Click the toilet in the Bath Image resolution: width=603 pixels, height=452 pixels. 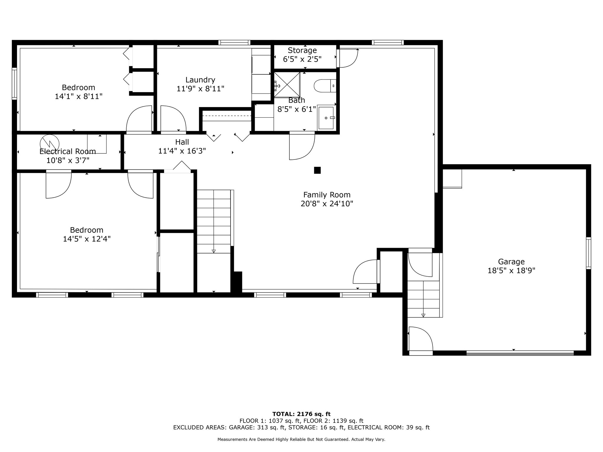(325, 86)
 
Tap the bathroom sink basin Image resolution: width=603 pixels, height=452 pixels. (326, 118)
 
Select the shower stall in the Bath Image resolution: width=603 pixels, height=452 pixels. (287, 85)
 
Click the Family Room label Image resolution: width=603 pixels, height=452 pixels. (327, 195)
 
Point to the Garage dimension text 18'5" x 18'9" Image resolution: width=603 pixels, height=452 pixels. (511, 270)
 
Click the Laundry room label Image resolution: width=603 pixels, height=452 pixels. (200, 80)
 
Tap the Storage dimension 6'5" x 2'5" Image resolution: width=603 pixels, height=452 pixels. (302, 59)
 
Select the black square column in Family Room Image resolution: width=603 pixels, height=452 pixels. (317, 170)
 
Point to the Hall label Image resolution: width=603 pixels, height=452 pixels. (182, 142)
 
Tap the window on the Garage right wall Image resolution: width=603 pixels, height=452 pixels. (588, 253)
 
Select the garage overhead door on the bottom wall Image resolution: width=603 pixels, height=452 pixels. (520, 353)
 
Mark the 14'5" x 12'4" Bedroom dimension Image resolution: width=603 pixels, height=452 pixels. (87, 239)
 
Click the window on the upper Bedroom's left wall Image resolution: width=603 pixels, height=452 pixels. (14, 84)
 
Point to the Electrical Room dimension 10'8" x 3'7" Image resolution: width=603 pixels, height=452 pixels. (68, 160)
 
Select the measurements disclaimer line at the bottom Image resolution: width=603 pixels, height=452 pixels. (301, 439)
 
